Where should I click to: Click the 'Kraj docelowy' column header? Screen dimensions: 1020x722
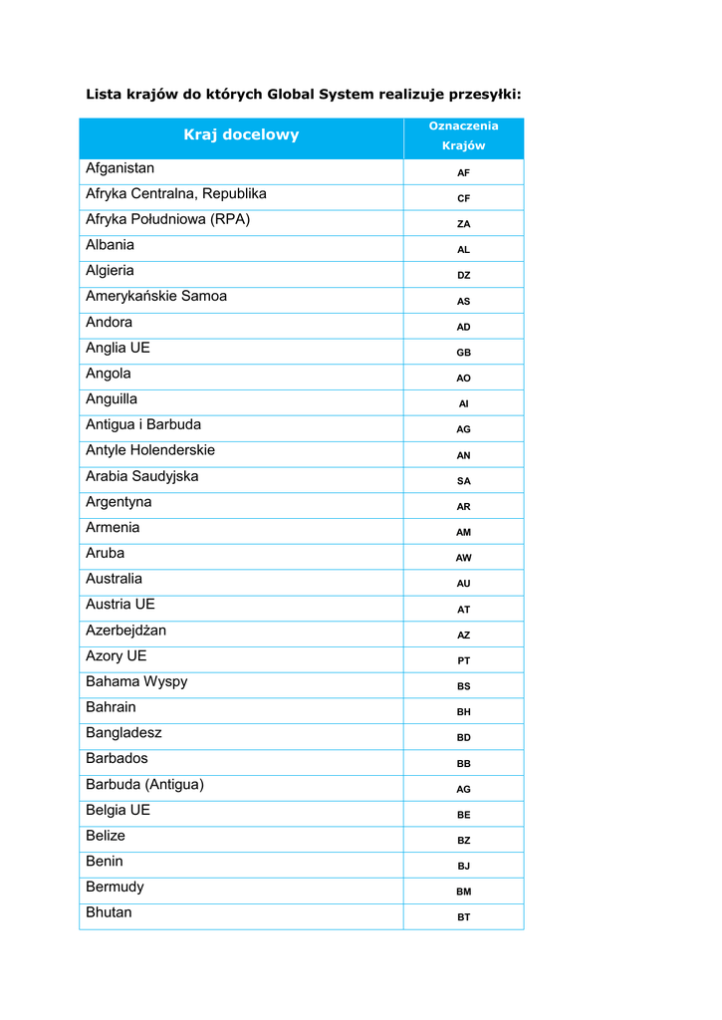point(241,135)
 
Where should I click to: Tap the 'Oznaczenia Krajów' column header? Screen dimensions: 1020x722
point(463,136)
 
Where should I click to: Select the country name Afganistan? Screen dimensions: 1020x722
point(120,168)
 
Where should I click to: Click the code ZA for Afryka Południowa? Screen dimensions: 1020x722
point(463,224)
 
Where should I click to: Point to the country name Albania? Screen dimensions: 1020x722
point(110,245)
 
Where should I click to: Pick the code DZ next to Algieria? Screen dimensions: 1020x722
point(463,276)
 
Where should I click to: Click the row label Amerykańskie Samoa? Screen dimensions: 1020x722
point(156,297)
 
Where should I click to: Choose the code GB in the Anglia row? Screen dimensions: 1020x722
point(463,353)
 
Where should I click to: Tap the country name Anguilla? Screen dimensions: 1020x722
point(112,399)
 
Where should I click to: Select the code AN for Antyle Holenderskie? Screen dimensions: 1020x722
point(463,455)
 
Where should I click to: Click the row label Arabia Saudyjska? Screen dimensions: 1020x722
point(142,476)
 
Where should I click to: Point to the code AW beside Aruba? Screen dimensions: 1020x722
point(463,558)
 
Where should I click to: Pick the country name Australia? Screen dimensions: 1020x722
point(114,579)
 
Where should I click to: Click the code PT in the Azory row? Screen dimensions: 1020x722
point(463,660)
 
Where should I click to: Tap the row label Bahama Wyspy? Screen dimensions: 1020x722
point(136,681)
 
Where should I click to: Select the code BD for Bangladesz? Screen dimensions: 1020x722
point(463,738)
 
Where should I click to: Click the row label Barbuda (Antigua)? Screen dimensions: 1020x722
point(144,784)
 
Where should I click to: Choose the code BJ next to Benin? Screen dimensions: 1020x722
point(463,867)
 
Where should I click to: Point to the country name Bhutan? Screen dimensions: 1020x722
point(109,912)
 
